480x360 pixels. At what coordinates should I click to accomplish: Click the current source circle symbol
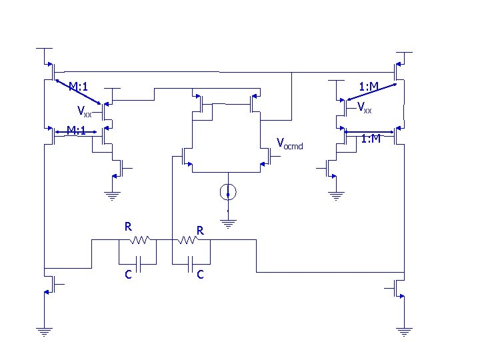[228, 193]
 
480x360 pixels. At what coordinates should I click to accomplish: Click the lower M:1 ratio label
[77, 130]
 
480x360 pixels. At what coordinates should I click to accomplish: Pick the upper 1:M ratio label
[369, 86]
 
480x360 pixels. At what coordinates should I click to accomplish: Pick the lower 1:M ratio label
[370, 139]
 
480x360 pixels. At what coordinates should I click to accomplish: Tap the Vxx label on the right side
[364, 107]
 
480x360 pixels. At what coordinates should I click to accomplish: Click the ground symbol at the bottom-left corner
[44, 331]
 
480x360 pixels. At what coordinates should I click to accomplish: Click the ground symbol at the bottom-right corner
[403, 331]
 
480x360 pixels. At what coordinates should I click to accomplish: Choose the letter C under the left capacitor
[127, 273]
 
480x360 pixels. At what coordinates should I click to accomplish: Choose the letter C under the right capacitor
[200, 274]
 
